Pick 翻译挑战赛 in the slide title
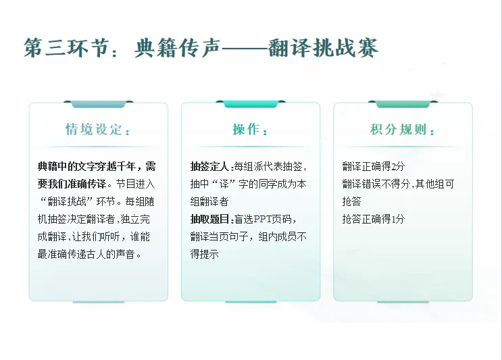[322, 48]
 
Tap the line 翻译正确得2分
[373, 166]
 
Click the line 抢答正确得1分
[373, 219]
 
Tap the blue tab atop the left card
[98, 104]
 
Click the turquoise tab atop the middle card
[250, 104]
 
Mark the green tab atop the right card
[403, 104]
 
